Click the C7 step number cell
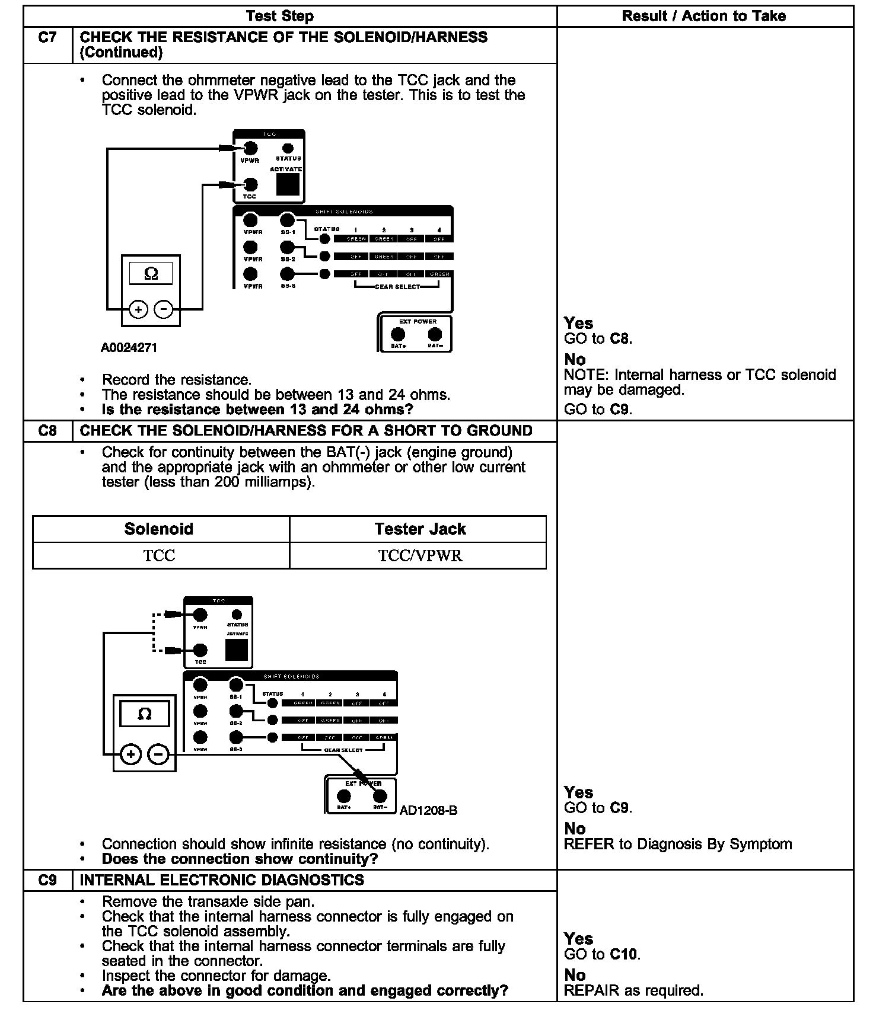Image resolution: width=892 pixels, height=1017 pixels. [x=47, y=38]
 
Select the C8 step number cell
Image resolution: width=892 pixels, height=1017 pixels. [x=47, y=431]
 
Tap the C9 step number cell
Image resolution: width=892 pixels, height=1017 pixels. [x=47, y=880]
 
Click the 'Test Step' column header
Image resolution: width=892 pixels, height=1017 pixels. [x=280, y=16]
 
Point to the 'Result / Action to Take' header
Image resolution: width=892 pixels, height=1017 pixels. [x=704, y=16]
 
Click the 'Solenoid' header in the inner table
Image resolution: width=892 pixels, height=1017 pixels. [x=159, y=529]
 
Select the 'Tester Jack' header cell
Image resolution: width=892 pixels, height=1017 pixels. [x=420, y=529]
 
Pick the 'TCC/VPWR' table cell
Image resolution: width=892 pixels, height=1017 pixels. [x=420, y=555]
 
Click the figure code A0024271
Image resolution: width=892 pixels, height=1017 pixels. [x=129, y=348]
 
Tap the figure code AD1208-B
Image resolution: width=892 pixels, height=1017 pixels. [x=429, y=810]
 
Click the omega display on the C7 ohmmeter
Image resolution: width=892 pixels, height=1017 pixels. [x=151, y=273]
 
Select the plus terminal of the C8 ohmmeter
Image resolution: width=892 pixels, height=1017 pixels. [x=130, y=754]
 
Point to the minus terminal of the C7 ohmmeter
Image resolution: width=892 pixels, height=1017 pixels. [x=164, y=309]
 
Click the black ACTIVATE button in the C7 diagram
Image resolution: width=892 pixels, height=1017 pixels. [x=288, y=185]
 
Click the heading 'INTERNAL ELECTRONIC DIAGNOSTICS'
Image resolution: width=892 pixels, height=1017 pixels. [x=222, y=880]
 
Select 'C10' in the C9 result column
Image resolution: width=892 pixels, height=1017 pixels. [x=625, y=954]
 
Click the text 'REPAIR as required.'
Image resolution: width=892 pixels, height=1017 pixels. [x=633, y=990]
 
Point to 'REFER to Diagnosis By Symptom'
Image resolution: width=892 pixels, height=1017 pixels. [x=677, y=844]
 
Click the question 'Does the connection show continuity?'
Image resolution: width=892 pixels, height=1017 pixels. [x=240, y=859]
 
